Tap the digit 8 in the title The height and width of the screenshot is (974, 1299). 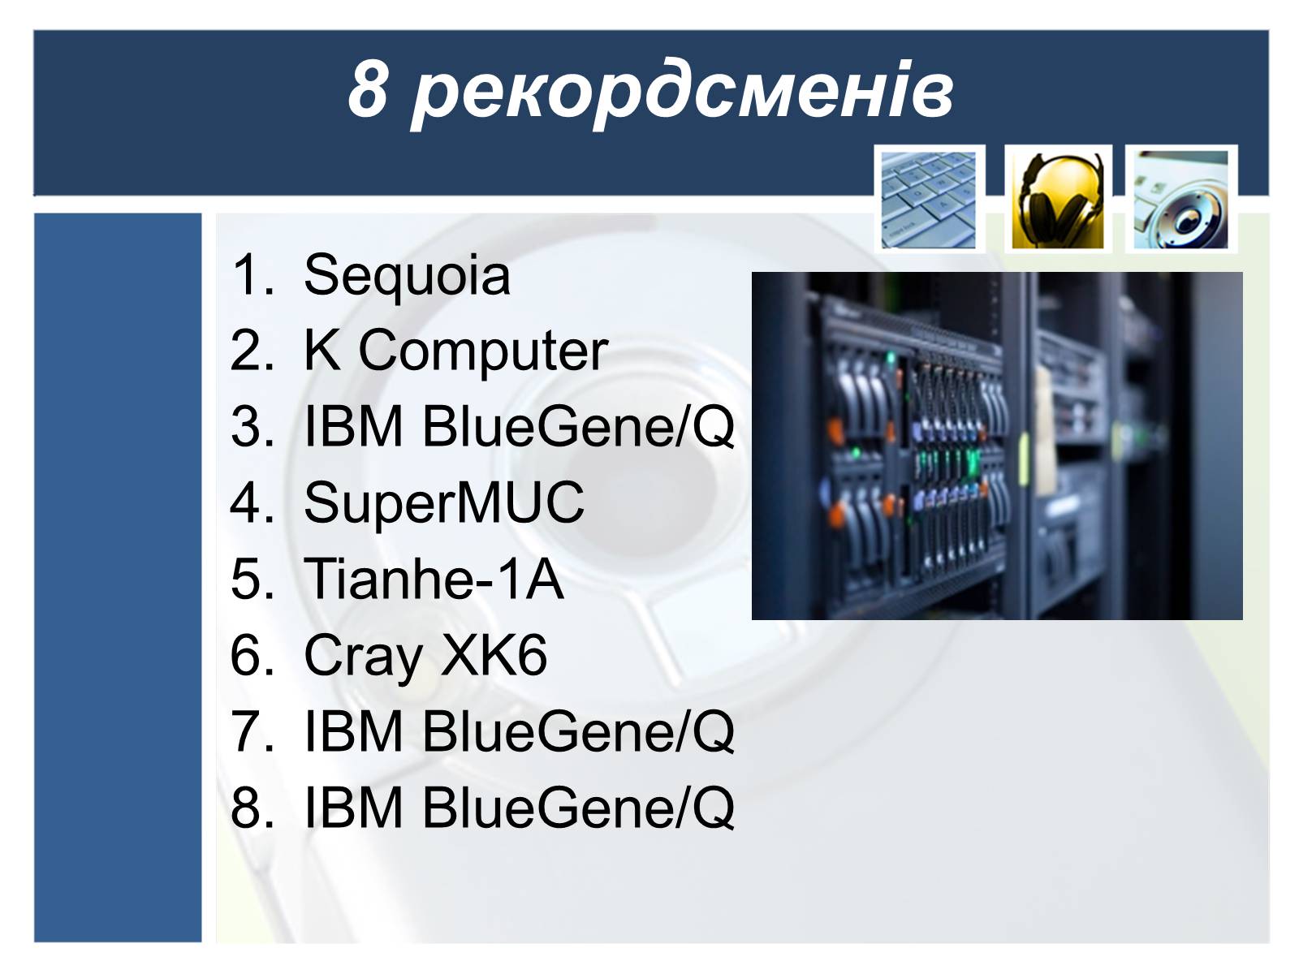[368, 88]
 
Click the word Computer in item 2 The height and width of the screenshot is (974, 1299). [483, 352]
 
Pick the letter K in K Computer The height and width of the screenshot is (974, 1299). [322, 349]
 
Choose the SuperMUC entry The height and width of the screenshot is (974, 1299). [444, 503]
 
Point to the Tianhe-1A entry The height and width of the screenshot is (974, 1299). [434, 579]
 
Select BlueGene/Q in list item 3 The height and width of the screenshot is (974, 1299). [578, 426]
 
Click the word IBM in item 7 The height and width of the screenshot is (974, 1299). [353, 731]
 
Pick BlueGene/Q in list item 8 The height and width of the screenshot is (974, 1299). [578, 808]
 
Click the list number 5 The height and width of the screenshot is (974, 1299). [252, 579]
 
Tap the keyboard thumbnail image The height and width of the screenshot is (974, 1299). [929, 200]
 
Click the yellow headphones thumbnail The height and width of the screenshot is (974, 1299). [1058, 200]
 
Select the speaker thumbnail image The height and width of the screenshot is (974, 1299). [1180, 200]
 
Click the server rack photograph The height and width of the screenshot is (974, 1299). [997, 446]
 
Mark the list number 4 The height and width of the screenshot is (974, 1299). [252, 502]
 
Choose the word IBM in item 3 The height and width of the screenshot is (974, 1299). [353, 426]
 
